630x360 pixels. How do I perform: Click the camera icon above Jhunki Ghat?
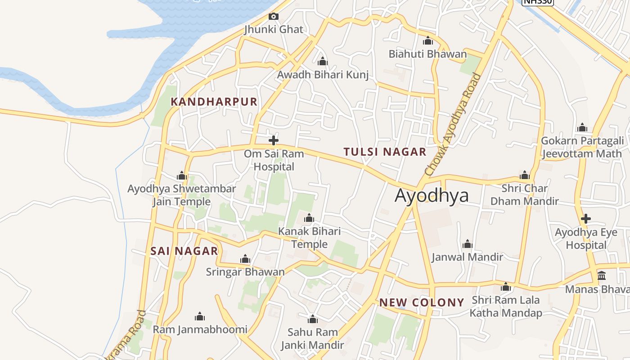tap(273, 17)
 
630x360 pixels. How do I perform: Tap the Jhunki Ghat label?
tap(274, 30)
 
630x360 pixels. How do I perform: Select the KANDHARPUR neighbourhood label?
tap(214, 102)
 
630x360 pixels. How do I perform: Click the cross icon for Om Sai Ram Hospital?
tap(273, 140)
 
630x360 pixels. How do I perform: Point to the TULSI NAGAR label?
tap(385, 152)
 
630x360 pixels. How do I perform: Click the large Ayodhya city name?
tap(432, 195)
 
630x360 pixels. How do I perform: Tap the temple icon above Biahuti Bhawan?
tap(428, 41)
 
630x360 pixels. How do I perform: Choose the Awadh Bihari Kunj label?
tap(323, 75)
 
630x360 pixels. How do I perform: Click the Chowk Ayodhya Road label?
tap(453, 125)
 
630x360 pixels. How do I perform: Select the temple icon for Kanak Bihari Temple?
tap(309, 218)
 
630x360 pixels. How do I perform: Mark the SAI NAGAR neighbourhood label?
tap(184, 251)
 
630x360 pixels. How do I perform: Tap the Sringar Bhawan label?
tap(245, 272)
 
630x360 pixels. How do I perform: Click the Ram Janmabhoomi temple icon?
tap(200, 316)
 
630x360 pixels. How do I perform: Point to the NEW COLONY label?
tap(422, 302)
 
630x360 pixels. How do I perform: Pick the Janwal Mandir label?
tap(467, 257)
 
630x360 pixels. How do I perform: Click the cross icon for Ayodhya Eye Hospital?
tap(585, 219)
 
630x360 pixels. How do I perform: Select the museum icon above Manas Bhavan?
tap(602, 275)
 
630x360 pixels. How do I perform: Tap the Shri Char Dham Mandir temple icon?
tap(524, 175)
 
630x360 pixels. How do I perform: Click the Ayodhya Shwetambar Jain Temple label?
tap(181, 195)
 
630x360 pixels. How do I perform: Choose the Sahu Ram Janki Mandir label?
tap(312, 339)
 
